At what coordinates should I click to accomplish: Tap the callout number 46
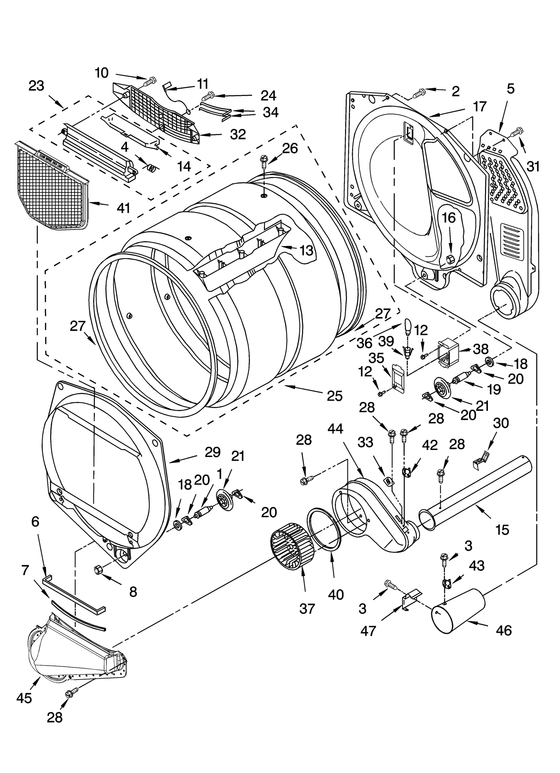[x=504, y=630]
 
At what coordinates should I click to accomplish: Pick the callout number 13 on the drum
[x=307, y=251]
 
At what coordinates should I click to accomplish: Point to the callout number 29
[x=213, y=452]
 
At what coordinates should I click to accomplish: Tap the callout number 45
[x=24, y=698]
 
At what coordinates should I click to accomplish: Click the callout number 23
[x=36, y=86]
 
